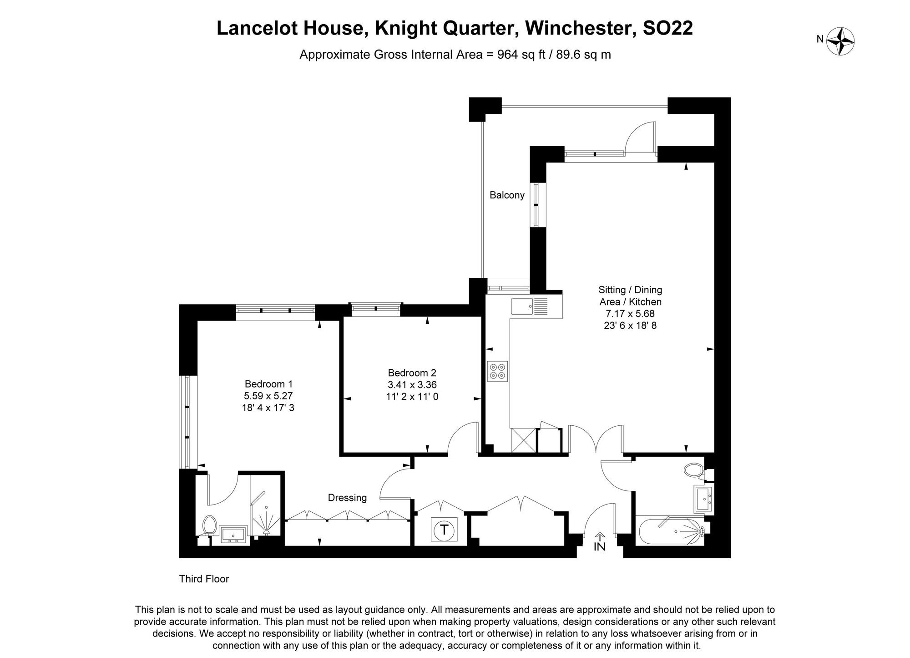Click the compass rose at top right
[x=840, y=41]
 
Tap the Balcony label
[x=507, y=195]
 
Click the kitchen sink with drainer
[x=530, y=306]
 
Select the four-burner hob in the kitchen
[x=497, y=371]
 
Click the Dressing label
[x=347, y=498]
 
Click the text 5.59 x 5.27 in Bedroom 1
[x=268, y=396]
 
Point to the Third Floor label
[x=204, y=579]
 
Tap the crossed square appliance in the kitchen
[x=523, y=440]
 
